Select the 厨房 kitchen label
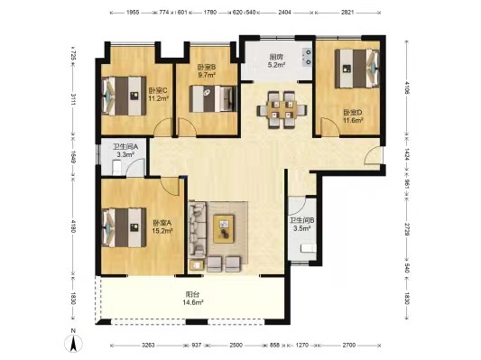(277, 60)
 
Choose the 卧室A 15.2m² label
(162, 226)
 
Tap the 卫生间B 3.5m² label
(301, 224)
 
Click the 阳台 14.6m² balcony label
(192, 300)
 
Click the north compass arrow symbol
(72, 341)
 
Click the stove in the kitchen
(309, 56)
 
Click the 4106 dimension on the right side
(409, 88)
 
